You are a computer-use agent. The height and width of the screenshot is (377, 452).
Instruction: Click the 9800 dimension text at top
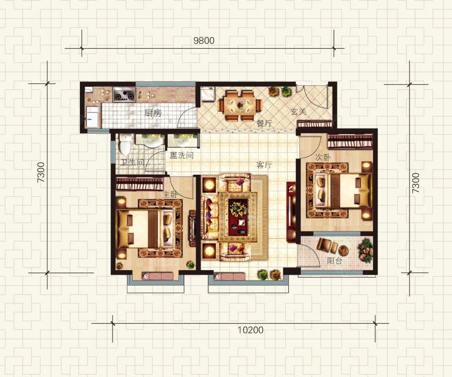[204, 41]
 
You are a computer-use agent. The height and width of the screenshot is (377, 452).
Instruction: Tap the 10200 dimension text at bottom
[251, 330]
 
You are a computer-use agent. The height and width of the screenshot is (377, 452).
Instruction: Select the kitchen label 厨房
[153, 112]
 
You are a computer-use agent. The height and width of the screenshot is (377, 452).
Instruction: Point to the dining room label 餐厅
[264, 123]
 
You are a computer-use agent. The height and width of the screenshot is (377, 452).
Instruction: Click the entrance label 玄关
[298, 111]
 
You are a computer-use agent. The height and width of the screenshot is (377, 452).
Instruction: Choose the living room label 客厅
[264, 165]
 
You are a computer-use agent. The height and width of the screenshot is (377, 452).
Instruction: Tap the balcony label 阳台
[334, 261]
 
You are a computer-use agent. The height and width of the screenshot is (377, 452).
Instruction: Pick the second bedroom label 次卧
[323, 157]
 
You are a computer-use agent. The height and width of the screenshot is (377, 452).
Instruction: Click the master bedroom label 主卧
[170, 195]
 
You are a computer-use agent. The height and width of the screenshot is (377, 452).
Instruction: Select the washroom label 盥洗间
[182, 156]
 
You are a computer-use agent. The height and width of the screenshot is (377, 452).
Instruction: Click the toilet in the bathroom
[125, 144]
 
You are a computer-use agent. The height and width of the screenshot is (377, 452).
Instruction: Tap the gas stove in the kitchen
[124, 95]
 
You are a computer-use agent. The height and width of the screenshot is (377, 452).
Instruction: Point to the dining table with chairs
[240, 106]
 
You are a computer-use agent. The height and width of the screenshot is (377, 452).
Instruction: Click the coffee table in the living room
[238, 217]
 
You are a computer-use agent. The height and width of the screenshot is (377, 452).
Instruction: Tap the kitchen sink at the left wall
[93, 117]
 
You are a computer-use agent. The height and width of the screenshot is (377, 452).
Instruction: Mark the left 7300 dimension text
[41, 172]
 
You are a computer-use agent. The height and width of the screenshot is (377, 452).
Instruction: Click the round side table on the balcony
[344, 249]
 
